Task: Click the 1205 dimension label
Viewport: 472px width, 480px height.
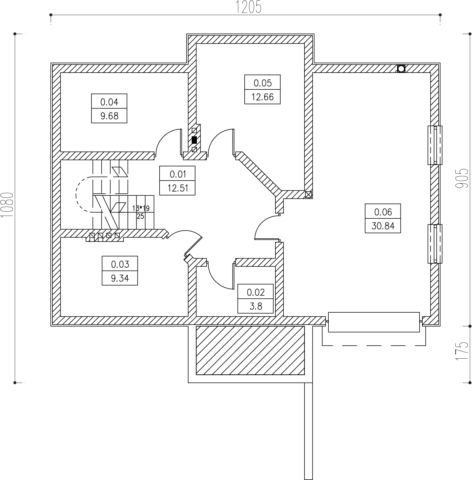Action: (248, 7)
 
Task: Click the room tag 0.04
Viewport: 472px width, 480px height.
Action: (109, 102)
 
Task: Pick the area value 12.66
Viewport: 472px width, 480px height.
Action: (262, 97)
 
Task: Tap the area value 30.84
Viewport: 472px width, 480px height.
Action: (383, 226)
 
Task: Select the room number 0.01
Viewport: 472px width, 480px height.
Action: (178, 174)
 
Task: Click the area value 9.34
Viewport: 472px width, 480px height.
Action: (120, 278)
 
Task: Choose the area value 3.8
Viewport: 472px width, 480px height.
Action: (255, 306)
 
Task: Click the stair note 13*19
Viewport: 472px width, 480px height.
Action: (141, 208)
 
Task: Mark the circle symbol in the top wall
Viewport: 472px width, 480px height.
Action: (401, 69)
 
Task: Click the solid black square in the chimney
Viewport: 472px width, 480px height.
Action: (194, 140)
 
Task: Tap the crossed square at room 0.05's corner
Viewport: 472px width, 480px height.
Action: (308, 195)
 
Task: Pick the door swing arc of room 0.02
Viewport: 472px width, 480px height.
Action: (216, 281)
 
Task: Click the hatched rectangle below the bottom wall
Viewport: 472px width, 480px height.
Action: (250, 350)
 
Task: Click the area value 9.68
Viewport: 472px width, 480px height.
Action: (109, 116)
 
